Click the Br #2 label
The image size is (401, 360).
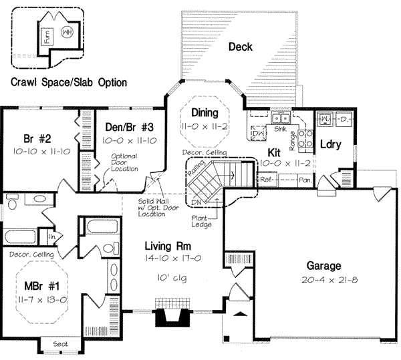(37, 139)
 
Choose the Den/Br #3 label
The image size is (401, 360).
(129, 127)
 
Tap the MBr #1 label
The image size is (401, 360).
(39, 287)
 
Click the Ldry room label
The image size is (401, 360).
(331, 144)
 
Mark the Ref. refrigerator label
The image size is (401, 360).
(265, 180)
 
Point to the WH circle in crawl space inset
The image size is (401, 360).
(67, 32)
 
